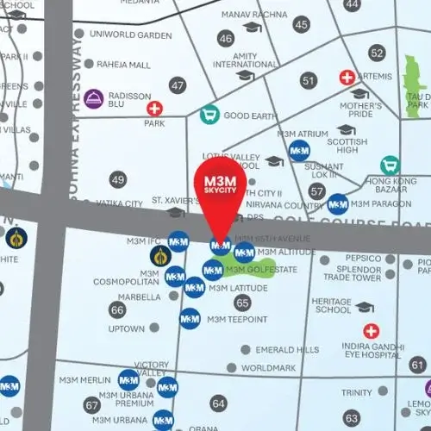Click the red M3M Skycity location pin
pyautogui.click(x=221, y=191)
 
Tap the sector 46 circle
pyautogui.click(x=226, y=39)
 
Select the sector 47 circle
pyautogui.click(x=178, y=85)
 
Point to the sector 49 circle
pyautogui.click(x=118, y=179)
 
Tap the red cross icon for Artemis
pyautogui.click(x=348, y=78)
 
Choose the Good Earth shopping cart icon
pyautogui.click(x=208, y=114)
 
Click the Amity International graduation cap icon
pyautogui.click(x=245, y=76)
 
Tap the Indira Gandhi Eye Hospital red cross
pyautogui.click(x=371, y=331)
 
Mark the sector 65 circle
pyautogui.click(x=242, y=303)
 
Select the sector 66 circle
pyautogui.click(x=118, y=309)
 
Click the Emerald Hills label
pyautogui.click(x=284, y=350)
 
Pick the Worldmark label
pyautogui.click(x=268, y=367)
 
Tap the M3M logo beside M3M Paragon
pyautogui.click(x=338, y=204)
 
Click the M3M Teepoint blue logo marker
pyautogui.click(x=190, y=318)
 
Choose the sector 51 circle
pyautogui.click(x=309, y=80)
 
